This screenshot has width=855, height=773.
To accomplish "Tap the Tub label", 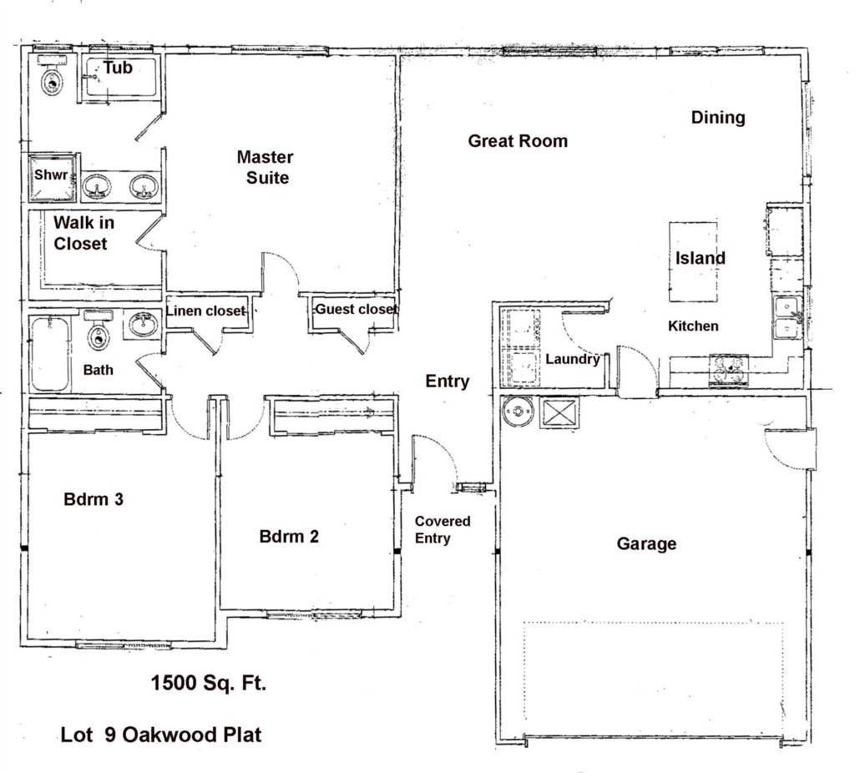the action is [118, 68].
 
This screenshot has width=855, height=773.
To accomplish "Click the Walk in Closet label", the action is [83, 233].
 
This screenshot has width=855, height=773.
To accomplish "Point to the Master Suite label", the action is [266, 167].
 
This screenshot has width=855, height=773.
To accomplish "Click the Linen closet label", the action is [205, 311].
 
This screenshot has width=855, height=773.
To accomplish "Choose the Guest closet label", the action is [356, 309].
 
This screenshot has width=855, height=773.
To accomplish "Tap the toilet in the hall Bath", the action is [99, 331].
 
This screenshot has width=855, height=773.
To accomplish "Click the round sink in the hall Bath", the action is [143, 325].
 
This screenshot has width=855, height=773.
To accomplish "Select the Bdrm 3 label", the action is [94, 499].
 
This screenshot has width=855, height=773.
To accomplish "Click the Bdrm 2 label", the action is [289, 537].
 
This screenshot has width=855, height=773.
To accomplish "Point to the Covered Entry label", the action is [443, 530].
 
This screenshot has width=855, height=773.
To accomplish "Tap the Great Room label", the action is [518, 141].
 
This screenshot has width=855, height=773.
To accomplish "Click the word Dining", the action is [718, 118].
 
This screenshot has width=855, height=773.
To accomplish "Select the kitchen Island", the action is [693, 261].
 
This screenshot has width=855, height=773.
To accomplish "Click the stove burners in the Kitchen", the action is [728, 370].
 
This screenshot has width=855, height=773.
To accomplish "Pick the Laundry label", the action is [573, 359].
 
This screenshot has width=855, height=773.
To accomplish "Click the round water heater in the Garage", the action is [518, 411].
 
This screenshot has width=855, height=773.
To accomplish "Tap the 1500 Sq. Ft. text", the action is [208, 683].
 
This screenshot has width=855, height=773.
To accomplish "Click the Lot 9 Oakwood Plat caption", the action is [161, 735].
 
